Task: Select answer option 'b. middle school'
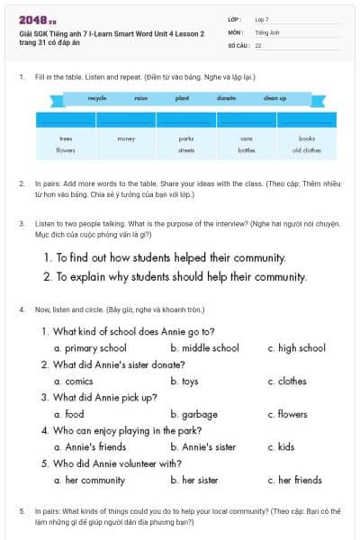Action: (204, 348)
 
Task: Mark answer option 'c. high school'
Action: (296, 348)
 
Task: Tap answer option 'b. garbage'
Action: (193, 415)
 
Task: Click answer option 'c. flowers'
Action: (287, 415)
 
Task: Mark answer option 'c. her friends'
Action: (294, 481)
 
